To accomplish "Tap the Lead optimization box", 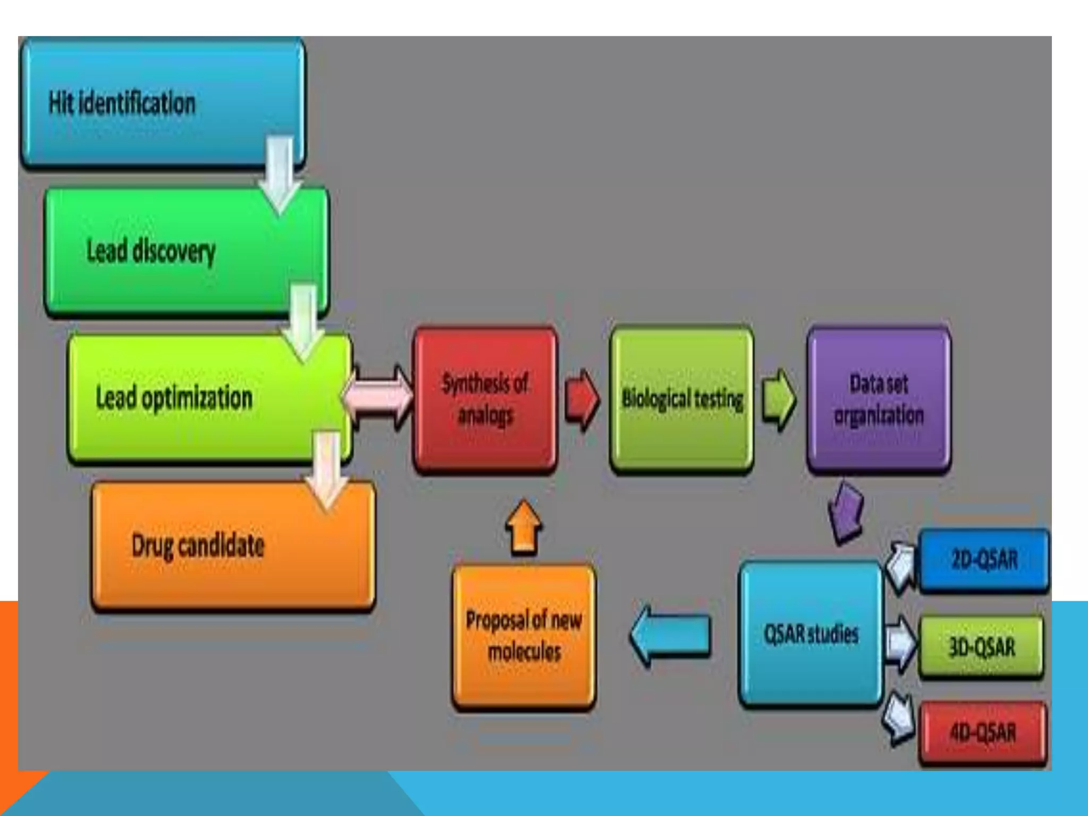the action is (210, 398).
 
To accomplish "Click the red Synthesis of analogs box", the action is (485, 399).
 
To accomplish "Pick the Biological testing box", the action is (682, 399).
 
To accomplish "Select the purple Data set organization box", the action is (879, 399).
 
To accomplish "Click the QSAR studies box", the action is (811, 634).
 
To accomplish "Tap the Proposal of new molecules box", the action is (524, 636).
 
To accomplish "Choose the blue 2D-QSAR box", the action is (984, 560).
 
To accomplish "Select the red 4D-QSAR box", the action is (983, 733).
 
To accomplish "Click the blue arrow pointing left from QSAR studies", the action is (670, 635).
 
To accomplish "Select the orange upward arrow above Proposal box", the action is (523, 527).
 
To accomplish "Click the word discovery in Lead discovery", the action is (174, 251).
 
